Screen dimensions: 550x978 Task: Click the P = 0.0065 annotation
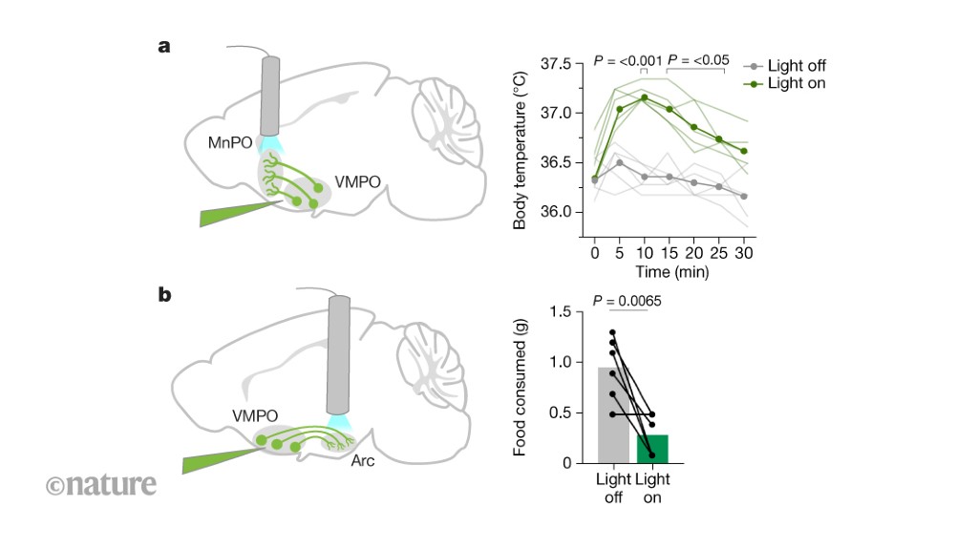click(x=627, y=301)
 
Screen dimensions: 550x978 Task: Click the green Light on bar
click(x=652, y=448)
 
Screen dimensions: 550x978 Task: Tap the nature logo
click(x=99, y=484)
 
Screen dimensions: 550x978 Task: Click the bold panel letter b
click(x=165, y=296)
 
